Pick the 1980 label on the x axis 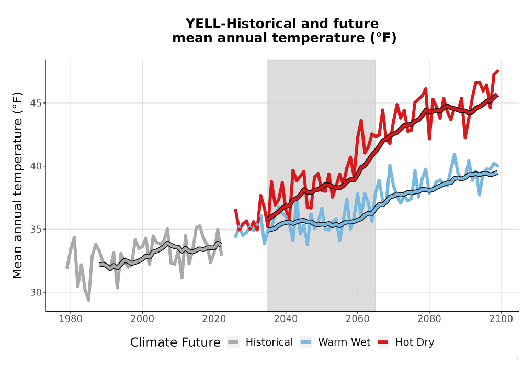click(71, 319)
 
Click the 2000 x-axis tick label click(142, 319)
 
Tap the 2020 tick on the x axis click(214, 319)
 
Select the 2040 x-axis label click(286, 319)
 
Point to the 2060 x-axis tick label click(357, 319)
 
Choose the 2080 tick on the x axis click(429, 319)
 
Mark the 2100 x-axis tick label click(501, 319)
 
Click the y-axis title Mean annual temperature click(17, 186)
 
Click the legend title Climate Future click(175, 342)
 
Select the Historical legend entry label click(269, 342)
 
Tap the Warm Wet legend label click(344, 342)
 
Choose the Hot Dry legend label click(415, 342)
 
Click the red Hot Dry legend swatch click(383, 342)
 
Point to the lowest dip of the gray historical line click(88, 300)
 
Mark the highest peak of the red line click(498, 71)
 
